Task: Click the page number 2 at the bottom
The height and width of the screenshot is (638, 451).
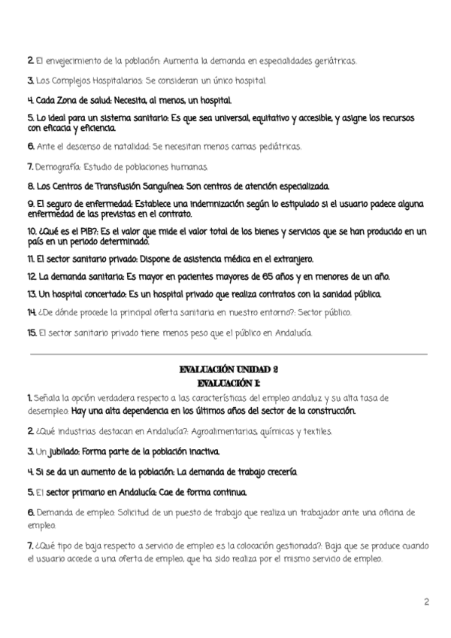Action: point(426,602)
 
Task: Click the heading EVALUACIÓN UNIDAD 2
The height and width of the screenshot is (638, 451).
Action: point(229,369)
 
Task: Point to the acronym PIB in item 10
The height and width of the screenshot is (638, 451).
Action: point(77,230)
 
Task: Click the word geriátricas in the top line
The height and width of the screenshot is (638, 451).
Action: point(330,61)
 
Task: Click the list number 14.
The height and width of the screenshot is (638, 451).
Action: point(32,312)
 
